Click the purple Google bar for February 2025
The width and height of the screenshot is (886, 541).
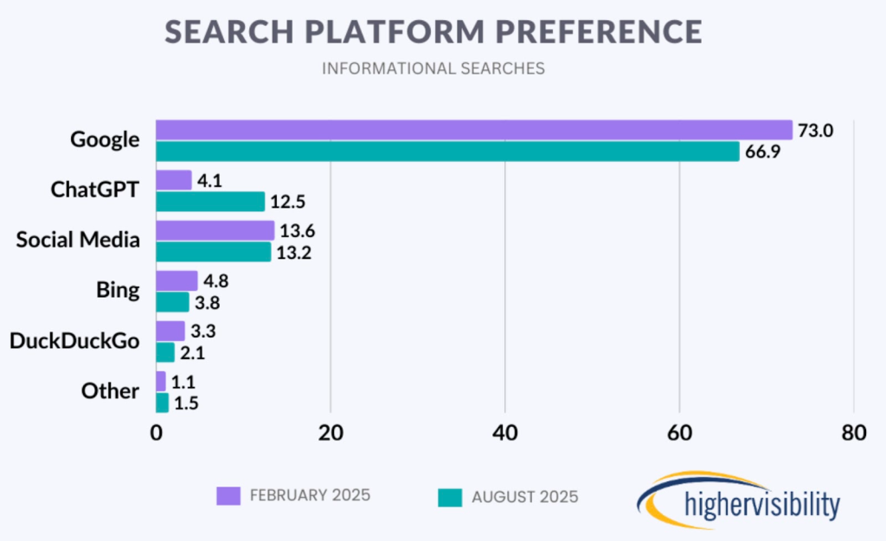tap(473, 130)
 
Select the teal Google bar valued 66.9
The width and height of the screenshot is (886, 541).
tap(447, 151)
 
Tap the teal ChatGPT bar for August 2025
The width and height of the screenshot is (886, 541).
tap(210, 202)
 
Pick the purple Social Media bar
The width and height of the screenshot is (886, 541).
tap(215, 230)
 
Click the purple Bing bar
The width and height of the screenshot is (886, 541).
tap(177, 280)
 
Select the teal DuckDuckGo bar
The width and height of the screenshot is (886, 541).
tap(165, 352)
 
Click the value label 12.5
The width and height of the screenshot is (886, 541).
tap(290, 203)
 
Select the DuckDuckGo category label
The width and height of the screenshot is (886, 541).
tap(74, 340)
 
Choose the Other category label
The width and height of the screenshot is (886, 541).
tap(111, 390)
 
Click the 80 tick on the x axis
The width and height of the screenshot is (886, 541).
tap(853, 434)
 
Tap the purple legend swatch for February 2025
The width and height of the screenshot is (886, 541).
tap(228, 496)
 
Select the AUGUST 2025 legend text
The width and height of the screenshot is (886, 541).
tap(525, 497)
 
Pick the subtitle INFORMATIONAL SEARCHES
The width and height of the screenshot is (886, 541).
tap(433, 68)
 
